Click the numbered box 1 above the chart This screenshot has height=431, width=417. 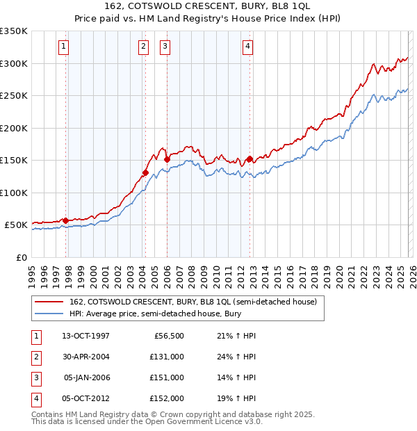click(x=63, y=47)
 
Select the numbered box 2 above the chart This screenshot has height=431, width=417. click(x=143, y=47)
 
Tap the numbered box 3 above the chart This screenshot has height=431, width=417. click(x=165, y=47)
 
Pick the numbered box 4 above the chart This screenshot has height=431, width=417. click(x=247, y=47)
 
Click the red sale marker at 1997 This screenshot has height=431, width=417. click(x=66, y=220)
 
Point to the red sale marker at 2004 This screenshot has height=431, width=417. click(x=145, y=172)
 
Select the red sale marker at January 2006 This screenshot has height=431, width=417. click(x=167, y=159)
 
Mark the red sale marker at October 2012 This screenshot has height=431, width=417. click(x=250, y=158)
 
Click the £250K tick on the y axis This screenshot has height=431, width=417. click(x=14, y=96)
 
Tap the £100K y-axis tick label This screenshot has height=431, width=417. click(x=14, y=193)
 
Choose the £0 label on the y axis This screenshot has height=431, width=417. click(x=21, y=257)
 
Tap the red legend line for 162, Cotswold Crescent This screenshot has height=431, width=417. click(x=49, y=302)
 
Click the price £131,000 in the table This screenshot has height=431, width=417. click(x=167, y=357)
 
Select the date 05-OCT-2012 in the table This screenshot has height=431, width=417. click(x=85, y=398)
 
